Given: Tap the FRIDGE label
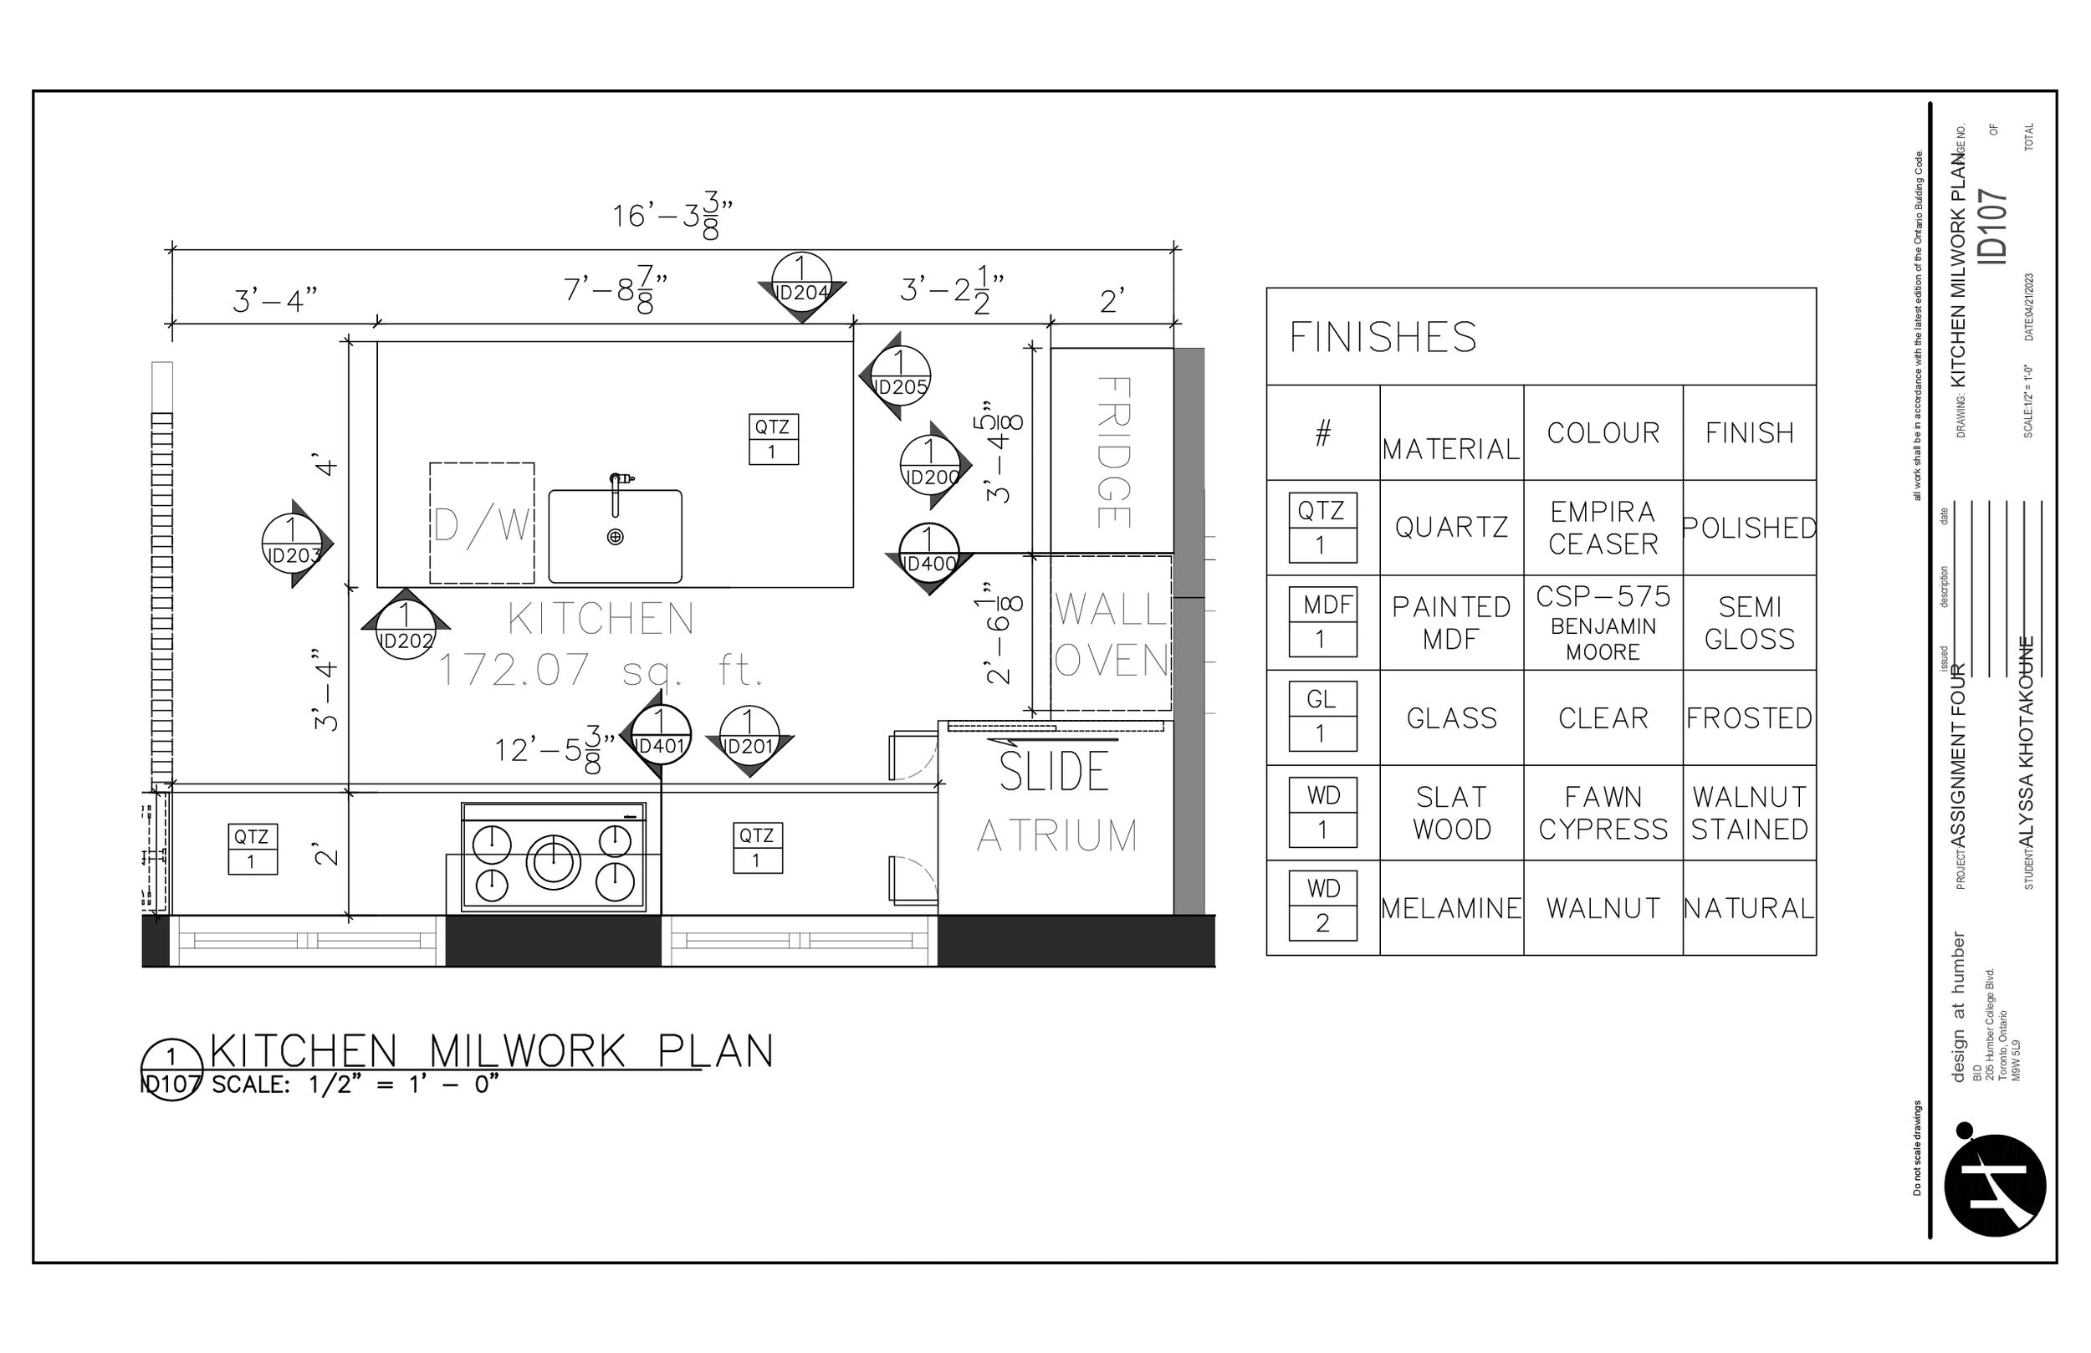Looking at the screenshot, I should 1113,452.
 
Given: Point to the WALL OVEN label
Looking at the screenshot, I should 1112,635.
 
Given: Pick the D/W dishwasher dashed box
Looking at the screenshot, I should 482,523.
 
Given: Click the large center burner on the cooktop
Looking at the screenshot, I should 554,860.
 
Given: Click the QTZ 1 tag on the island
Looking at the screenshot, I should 772,438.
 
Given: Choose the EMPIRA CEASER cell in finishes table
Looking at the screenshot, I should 1603,528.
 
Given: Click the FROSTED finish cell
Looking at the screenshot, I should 1748,718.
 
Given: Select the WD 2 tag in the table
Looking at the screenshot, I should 1322,906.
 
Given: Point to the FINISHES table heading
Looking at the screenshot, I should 1383,338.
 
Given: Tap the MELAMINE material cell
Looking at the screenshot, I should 1450,908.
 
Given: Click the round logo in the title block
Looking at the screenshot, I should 1994,1185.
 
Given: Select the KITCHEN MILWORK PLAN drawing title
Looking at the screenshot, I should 492,1052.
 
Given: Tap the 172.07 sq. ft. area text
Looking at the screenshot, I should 600,671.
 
